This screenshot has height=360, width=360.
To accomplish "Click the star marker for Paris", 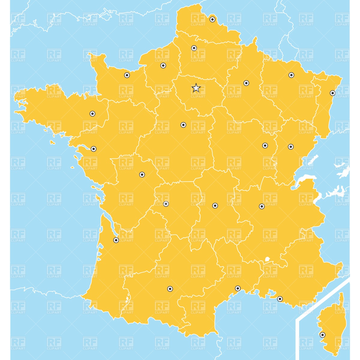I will point(196,88).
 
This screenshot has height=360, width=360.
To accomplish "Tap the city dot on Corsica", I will point(322,335).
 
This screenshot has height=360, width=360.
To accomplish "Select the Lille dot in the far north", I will point(212,19).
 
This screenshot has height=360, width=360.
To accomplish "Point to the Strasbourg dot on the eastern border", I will point(332,93).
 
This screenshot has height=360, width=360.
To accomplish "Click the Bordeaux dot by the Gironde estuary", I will point(116,240).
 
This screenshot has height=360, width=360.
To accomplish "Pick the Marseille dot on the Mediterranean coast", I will point(280,299).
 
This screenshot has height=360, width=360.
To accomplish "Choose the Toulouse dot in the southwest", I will point(170,289).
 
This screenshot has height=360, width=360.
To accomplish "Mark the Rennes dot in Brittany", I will point(92,114).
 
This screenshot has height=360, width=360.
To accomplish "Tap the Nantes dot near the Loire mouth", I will point(94,149).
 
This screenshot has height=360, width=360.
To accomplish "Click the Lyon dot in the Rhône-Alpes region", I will point(262,206).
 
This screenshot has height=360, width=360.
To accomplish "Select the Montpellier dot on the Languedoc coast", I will point(238,288).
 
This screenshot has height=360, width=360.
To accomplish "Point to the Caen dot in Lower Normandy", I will point(127,75).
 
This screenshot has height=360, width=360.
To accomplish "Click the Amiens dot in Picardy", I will point(194,48).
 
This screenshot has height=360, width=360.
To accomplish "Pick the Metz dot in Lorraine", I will point(291,75).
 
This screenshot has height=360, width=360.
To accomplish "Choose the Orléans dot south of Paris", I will point(183,125).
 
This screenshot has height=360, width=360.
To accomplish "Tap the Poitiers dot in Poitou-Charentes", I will point(142,175).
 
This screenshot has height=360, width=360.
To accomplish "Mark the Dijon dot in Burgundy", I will point(265,145).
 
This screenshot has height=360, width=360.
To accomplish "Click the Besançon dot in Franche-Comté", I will point(291,147).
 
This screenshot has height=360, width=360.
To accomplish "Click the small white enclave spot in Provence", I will point(267,259).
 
